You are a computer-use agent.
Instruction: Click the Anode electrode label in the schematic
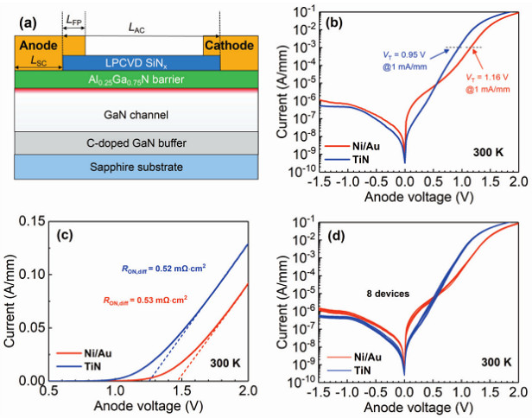coord(37,46)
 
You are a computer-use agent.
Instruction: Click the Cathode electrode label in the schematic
coord(229,46)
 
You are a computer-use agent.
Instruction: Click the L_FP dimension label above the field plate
coord(74,20)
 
